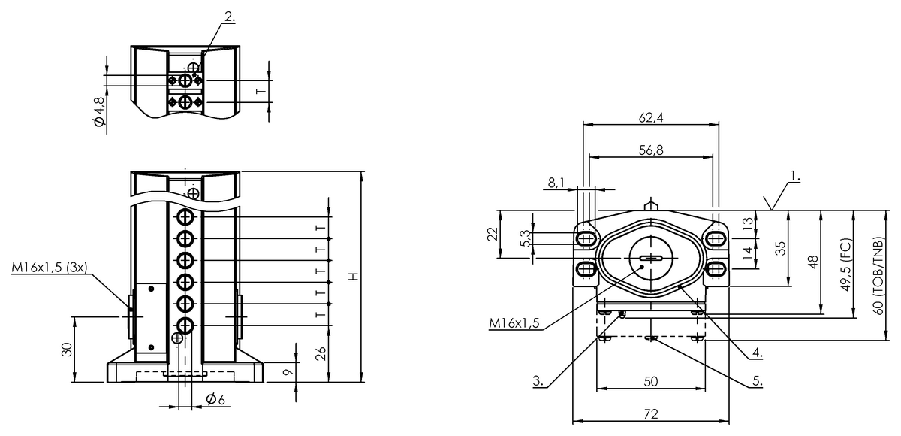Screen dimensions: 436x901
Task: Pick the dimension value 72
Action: [x=650, y=414]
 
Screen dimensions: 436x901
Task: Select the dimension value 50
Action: [x=650, y=382]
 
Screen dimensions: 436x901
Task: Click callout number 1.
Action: [x=794, y=178]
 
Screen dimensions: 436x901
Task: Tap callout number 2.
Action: [x=229, y=16]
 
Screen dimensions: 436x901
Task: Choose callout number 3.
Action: [x=538, y=381]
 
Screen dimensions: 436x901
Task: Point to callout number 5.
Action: [x=758, y=381]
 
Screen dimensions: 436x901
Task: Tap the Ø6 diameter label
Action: [x=215, y=398]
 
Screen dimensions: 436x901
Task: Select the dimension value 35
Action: [x=781, y=248]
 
